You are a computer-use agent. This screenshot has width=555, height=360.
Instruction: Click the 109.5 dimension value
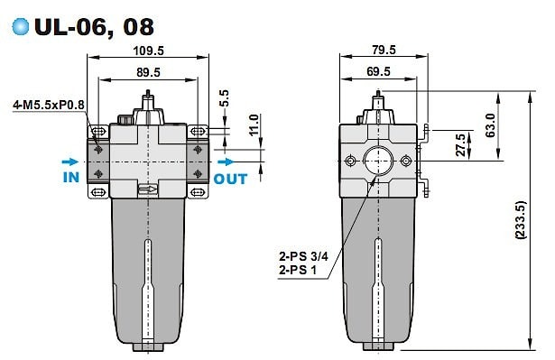[x=148, y=51]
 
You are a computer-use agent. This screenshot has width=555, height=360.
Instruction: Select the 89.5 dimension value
[x=148, y=72]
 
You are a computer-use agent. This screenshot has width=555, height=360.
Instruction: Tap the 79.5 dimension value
[x=384, y=50]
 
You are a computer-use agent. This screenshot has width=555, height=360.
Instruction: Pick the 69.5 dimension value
[x=378, y=71]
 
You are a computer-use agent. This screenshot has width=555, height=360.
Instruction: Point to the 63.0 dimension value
[x=490, y=125]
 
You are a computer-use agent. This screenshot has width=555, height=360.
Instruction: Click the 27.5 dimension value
[x=460, y=144]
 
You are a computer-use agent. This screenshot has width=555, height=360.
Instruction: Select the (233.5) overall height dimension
[x=521, y=220]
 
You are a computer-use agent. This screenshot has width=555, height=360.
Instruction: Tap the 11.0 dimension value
[x=254, y=125]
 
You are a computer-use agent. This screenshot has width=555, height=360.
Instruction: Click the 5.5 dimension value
[x=224, y=98]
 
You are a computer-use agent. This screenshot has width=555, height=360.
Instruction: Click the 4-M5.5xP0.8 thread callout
[x=49, y=106]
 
